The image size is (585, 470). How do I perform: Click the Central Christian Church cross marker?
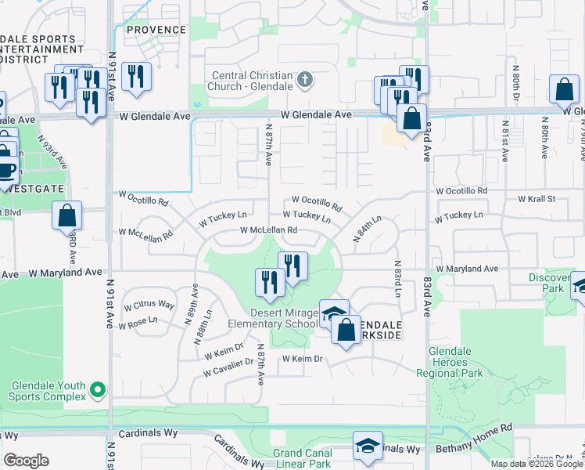click(305, 79)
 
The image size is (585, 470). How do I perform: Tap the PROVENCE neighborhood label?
click(156, 30)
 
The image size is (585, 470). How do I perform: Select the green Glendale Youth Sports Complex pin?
click(97, 389)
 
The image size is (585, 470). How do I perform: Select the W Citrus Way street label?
click(149, 304)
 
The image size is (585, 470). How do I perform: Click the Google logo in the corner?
click(27, 461)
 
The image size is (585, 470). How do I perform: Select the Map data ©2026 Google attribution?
click(537, 464)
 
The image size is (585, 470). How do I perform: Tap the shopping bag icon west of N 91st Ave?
click(67, 215)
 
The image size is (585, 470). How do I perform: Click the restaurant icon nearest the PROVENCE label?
click(137, 77)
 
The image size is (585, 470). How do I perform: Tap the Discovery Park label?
click(549, 283)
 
